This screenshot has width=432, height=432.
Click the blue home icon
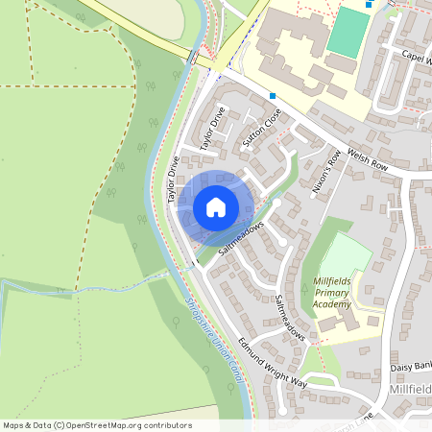point(216,206)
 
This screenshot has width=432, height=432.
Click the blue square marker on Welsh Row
point(274,96)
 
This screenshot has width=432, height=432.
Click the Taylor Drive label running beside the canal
point(174,180)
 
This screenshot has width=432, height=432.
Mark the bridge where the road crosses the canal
point(196,59)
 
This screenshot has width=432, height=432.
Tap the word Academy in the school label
point(333,304)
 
